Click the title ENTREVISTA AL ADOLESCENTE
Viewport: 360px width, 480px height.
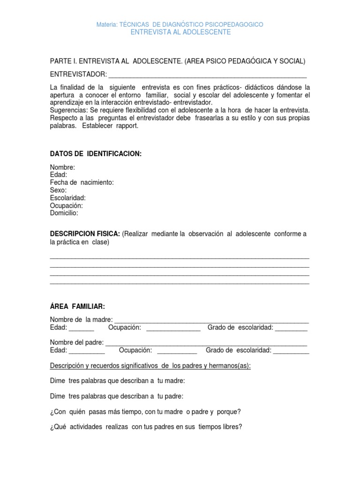(x=180, y=32)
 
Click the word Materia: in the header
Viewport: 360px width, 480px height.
(x=107, y=24)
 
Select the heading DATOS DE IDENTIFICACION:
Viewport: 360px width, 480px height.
(x=96, y=154)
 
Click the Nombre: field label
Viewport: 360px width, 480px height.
(x=62, y=168)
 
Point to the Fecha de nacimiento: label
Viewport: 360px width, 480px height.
(x=82, y=183)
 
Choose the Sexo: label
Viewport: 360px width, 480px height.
(x=58, y=190)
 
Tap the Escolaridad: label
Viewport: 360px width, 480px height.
(x=67, y=198)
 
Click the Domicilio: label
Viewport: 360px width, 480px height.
(x=64, y=213)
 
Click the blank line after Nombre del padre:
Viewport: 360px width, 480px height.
(x=206, y=343)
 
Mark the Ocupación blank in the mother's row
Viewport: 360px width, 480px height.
(x=173, y=328)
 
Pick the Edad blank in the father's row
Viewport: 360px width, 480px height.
(x=87, y=351)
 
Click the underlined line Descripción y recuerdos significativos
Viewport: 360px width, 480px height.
(x=150, y=366)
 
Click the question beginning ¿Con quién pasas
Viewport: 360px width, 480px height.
(x=145, y=412)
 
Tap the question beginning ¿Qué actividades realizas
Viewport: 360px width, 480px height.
(x=146, y=427)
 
